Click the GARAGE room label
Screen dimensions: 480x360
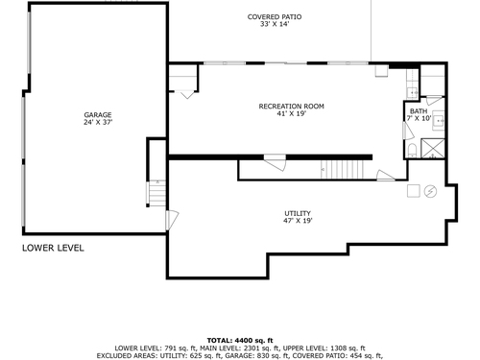pyautogui.click(x=98, y=114)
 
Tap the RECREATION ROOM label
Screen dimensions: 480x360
pyautogui.click(x=291, y=106)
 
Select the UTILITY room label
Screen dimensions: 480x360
pyautogui.click(x=298, y=213)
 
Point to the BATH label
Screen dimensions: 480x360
pyautogui.click(x=419, y=111)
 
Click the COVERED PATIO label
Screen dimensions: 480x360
pyautogui.click(x=275, y=16)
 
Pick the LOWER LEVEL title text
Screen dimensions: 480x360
pyautogui.click(x=53, y=248)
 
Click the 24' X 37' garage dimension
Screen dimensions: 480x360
pyautogui.click(x=98, y=122)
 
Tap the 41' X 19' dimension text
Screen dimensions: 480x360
pyautogui.click(x=292, y=113)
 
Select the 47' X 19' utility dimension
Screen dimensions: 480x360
pyautogui.click(x=298, y=221)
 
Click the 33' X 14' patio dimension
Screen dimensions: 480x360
pyautogui.click(x=275, y=24)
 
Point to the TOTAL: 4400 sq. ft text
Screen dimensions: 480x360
pyautogui.click(x=240, y=340)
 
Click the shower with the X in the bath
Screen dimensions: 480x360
pyautogui.click(x=433, y=148)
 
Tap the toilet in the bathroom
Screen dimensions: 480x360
pyautogui.click(x=412, y=151)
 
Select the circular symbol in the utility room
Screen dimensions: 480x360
pyautogui.click(x=430, y=191)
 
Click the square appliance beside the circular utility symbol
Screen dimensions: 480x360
pyautogui.click(x=414, y=191)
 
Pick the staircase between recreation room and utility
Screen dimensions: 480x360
pyautogui.click(x=343, y=169)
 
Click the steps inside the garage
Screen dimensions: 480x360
pyautogui.click(x=157, y=193)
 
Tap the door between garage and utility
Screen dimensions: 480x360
pyautogui.click(x=172, y=220)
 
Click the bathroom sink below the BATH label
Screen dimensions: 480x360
pyautogui.click(x=439, y=121)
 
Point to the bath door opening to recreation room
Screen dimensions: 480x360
pyautogui.click(x=408, y=131)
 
